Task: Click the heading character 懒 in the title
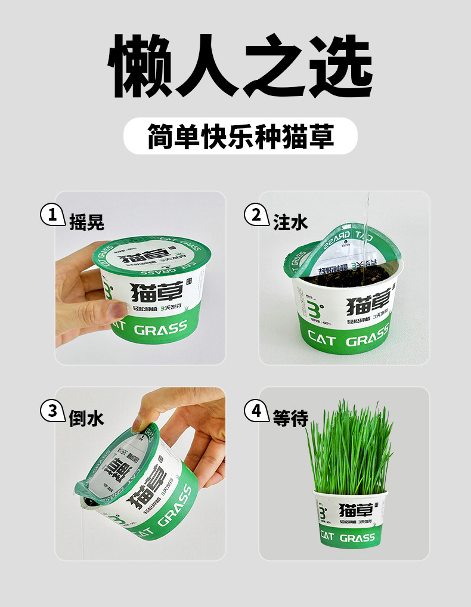139,66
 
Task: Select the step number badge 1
52,215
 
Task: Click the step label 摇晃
86,222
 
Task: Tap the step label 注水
290,222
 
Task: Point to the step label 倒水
86,418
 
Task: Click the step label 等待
290,418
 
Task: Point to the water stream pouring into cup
367,221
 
